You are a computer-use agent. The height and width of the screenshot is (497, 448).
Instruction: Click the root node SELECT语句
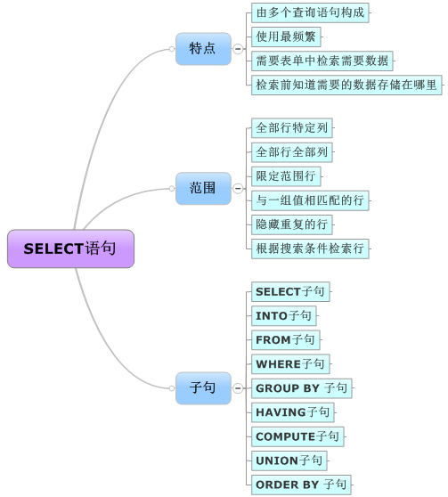[x=70, y=248]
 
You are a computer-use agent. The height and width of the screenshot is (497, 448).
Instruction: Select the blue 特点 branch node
[x=203, y=48]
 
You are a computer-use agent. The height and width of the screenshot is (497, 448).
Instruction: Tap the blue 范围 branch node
[x=203, y=188]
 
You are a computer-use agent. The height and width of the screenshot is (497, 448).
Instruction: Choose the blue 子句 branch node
[x=203, y=388]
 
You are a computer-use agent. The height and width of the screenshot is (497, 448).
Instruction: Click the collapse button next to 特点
[x=238, y=49]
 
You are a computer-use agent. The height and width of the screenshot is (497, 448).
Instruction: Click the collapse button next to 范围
[x=238, y=189]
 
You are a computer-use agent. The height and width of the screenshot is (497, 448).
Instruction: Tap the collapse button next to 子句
[x=238, y=388]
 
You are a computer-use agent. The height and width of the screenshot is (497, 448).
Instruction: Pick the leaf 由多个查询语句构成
[x=310, y=12]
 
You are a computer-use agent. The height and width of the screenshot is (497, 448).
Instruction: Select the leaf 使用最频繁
[x=286, y=37]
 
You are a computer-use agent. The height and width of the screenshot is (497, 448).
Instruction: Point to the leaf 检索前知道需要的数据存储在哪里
[x=346, y=85]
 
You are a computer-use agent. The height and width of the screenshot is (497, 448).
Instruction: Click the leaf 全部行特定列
[x=292, y=127]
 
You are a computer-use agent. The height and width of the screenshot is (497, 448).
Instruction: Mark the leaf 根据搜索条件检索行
[x=310, y=248]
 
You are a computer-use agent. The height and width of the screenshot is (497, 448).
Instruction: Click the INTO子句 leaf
[x=283, y=315]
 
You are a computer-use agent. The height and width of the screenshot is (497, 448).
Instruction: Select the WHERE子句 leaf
[x=290, y=364]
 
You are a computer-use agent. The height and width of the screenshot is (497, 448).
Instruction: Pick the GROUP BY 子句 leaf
[x=301, y=388]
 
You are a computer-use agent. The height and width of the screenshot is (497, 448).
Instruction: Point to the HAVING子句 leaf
[x=292, y=412]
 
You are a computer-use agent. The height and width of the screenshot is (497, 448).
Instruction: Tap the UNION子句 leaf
[x=289, y=460]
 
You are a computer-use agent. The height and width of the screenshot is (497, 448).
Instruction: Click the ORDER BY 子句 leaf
[x=301, y=485]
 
